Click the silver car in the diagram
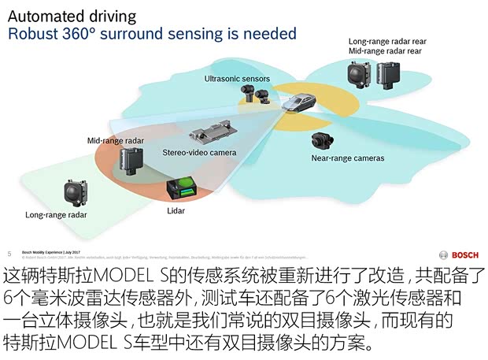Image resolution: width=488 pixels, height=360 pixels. click(x=298, y=103)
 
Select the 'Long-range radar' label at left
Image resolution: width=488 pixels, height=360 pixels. click(x=56, y=214)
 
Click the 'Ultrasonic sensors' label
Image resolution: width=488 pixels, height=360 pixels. click(x=237, y=79)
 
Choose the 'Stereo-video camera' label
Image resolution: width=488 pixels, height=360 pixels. click(x=199, y=152)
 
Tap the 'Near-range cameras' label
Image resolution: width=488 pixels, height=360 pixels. click(x=347, y=158)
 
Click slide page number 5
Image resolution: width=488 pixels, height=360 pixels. click(x=9, y=254)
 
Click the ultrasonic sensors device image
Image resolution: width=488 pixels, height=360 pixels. click(x=255, y=97)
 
